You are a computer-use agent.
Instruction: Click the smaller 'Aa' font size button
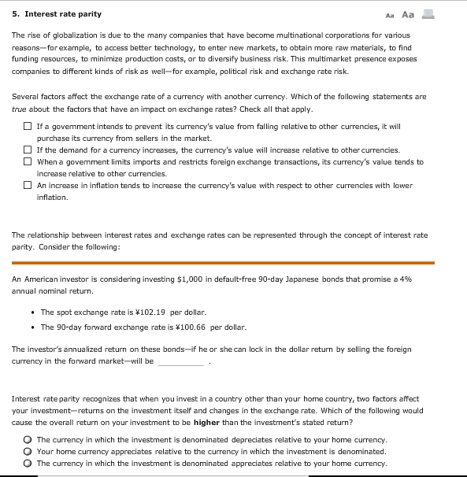coord(390,15)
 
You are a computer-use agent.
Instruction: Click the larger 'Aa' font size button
coord(407,14)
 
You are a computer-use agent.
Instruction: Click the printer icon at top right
coord(428,14)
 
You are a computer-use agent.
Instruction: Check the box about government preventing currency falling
coord(28,127)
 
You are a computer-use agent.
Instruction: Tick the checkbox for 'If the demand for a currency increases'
coord(28,150)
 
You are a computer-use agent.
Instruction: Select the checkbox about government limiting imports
coord(28,162)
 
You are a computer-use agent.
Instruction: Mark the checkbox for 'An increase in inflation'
coord(28,186)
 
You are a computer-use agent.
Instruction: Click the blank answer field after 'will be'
coord(181,362)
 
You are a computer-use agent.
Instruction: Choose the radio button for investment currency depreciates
coord(27,440)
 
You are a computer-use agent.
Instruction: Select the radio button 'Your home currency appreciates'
coord(27,452)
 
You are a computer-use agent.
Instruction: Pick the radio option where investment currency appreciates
coord(27,464)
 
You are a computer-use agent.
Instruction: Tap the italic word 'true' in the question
coord(20,109)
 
